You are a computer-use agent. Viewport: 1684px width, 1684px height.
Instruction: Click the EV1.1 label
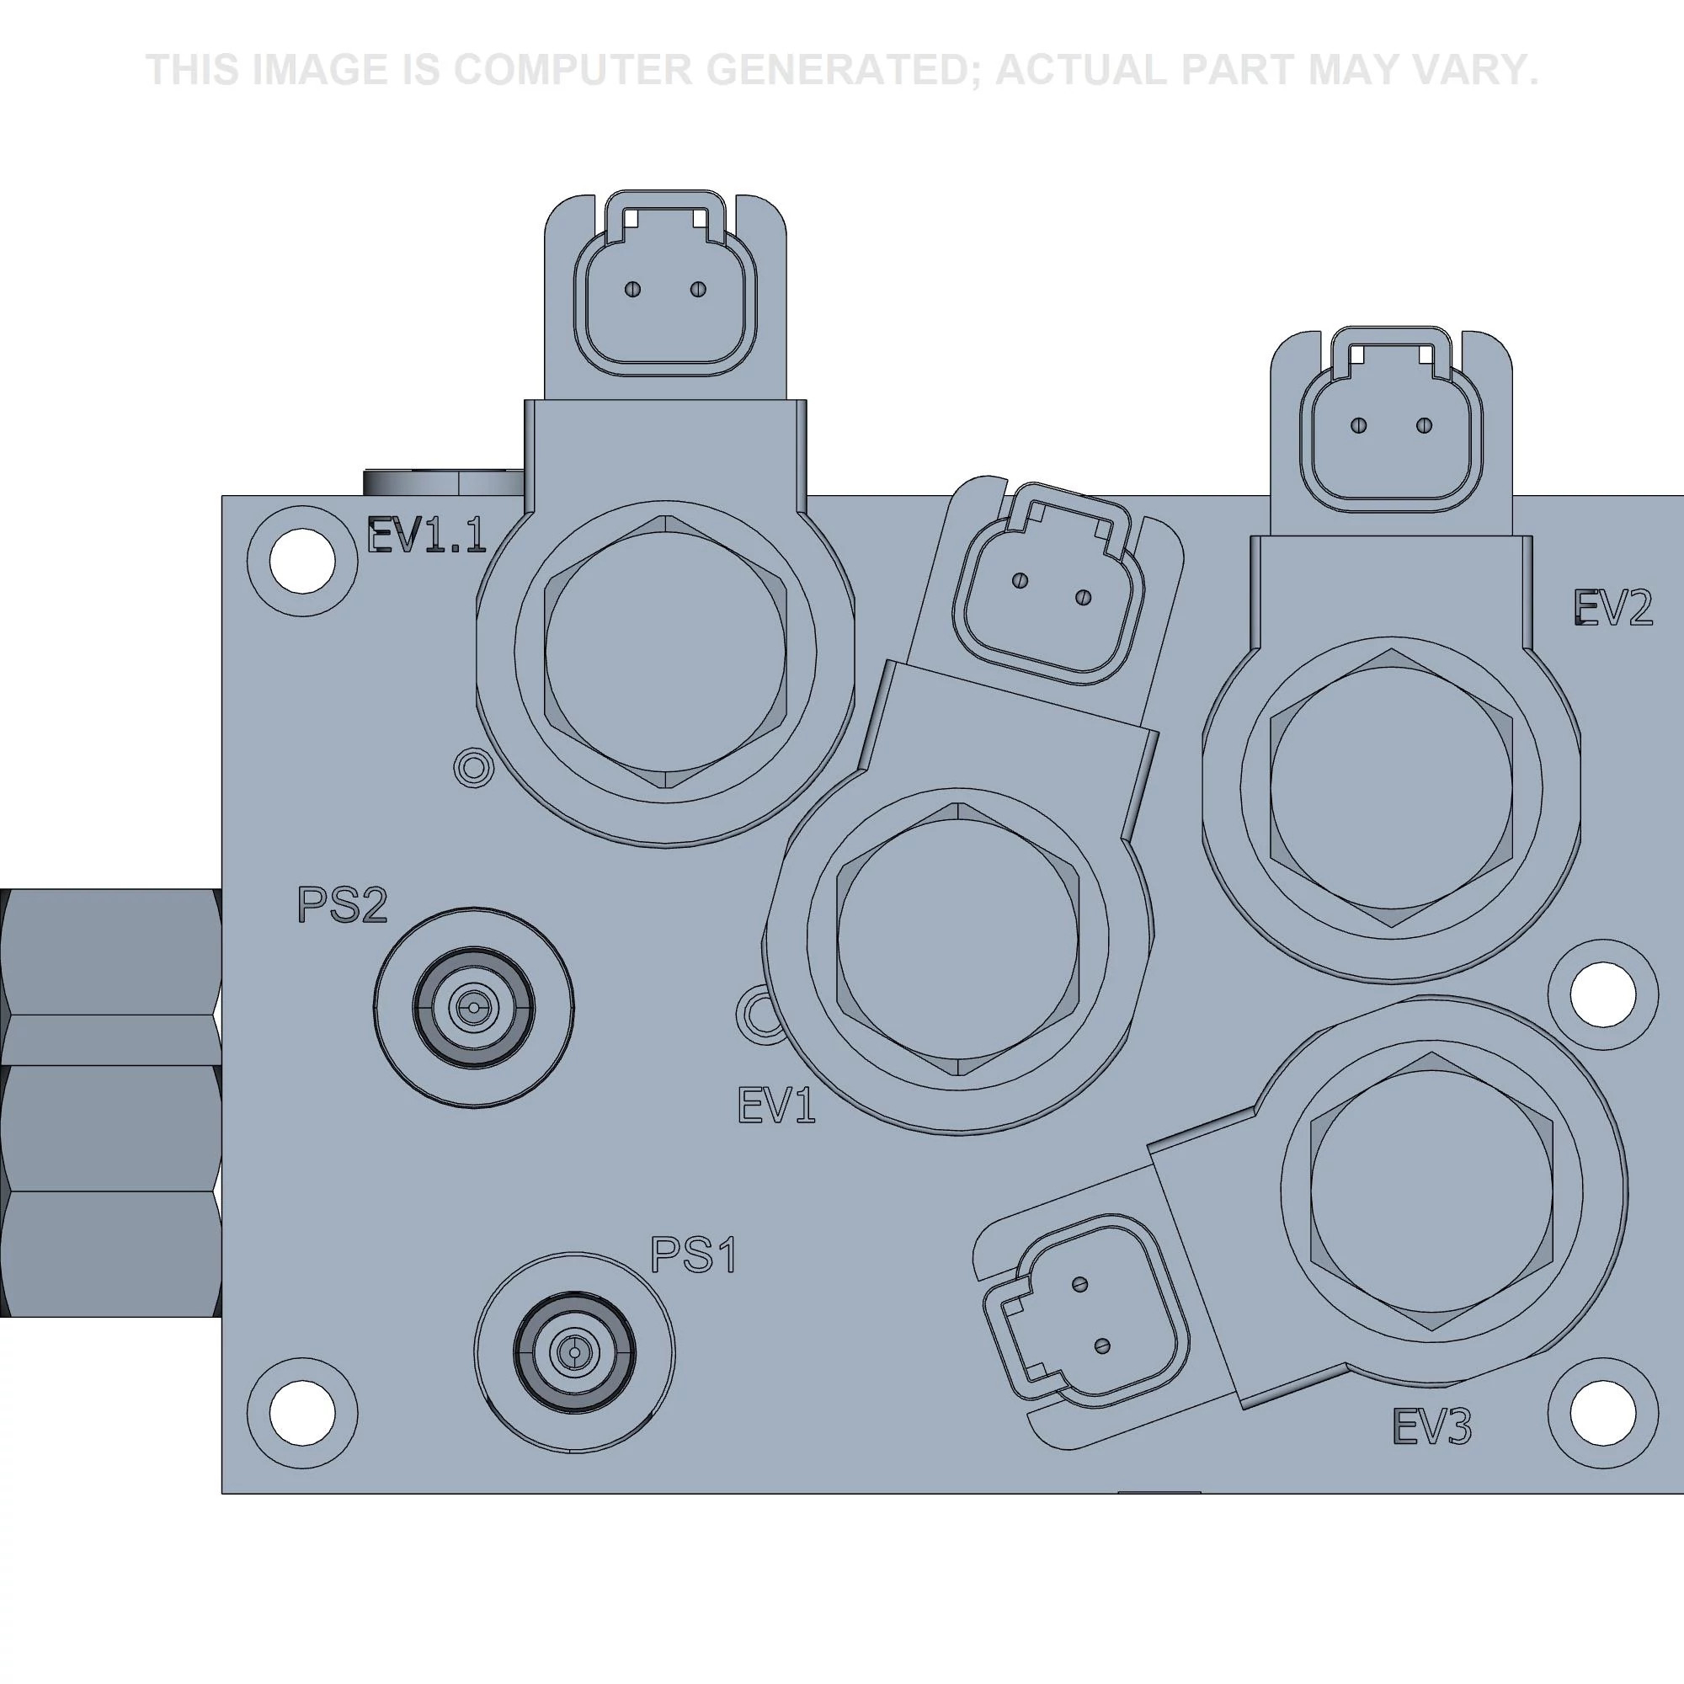[x=425, y=536]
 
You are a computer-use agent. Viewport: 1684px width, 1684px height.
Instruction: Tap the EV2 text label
[x=1613, y=608]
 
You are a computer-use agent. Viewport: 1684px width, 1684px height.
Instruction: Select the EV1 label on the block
[x=776, y=1106]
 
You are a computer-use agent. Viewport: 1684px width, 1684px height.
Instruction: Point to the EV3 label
[x=1433, y=1427]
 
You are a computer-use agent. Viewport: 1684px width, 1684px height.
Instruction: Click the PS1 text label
[x=694, y=1255]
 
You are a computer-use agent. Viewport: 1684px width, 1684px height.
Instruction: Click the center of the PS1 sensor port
[x=573, y=1353]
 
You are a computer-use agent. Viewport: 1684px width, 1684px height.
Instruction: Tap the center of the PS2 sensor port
[x=473, y=1009]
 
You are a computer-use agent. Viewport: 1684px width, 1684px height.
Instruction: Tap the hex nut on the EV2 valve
[x=1391, y=787]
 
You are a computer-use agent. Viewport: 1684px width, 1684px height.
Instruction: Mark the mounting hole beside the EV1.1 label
[x=302, y=562]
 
